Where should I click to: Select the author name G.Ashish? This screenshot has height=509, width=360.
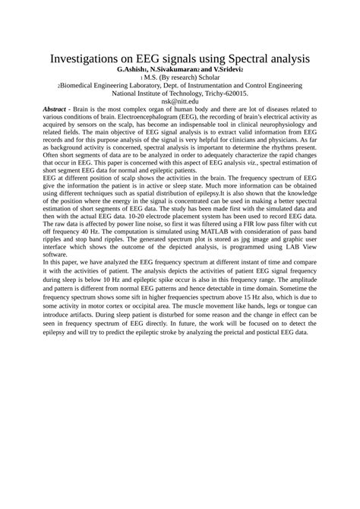pos(136,70)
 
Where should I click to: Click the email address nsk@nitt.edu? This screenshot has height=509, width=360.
pos(180,101)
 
